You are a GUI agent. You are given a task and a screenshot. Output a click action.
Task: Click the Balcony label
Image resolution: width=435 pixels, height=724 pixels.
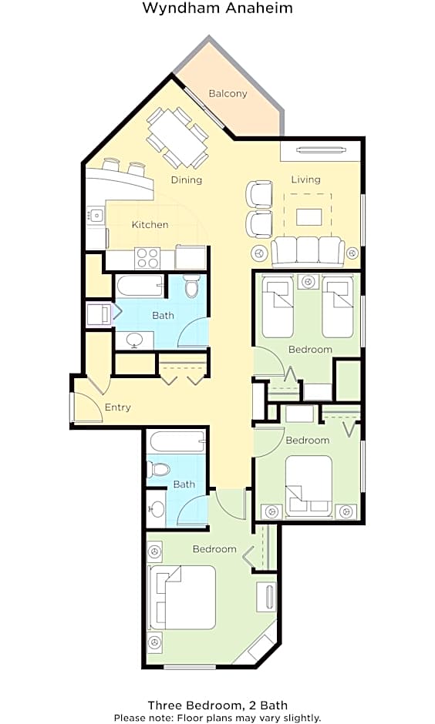pos(228,94)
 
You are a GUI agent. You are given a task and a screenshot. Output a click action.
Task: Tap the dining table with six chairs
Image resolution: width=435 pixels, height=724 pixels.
pos(177,138)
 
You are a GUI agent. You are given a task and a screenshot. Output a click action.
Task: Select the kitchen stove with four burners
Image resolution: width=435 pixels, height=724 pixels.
pos(147,258)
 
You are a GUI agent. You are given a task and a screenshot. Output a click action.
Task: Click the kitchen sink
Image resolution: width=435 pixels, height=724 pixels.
pos(96,215)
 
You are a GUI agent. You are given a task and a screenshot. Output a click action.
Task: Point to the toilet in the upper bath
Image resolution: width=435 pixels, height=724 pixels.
pos(191,286)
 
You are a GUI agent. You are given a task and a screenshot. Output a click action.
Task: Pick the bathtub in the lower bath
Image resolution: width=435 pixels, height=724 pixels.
pos(177,442)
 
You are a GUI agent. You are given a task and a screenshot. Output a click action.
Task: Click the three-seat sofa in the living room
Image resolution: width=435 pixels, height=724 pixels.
pos(308,252)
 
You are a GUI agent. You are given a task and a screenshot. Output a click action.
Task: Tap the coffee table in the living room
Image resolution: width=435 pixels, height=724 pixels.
pos(309,217)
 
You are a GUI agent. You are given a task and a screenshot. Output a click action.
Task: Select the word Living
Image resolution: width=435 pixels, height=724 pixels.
pos(306,179)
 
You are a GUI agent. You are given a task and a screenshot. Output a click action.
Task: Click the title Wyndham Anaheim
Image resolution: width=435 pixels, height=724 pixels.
pos(217,8)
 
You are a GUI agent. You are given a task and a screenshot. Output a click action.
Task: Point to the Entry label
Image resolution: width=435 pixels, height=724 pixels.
pos(118,407)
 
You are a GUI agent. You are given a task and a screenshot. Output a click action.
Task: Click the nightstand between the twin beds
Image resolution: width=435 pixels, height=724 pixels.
pos(308,282)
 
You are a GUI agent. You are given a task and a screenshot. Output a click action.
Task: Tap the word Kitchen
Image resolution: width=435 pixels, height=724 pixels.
pos(150,224)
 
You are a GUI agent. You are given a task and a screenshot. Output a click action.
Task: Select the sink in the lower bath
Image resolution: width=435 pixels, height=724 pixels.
pos(157,509)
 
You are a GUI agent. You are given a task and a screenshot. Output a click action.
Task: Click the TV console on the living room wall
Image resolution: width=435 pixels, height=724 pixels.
pos(320,150)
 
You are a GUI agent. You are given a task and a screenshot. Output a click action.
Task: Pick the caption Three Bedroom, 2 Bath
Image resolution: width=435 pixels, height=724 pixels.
pos(217,705)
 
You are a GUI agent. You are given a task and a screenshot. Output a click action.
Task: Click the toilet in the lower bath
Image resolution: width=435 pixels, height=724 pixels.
pos(158,470)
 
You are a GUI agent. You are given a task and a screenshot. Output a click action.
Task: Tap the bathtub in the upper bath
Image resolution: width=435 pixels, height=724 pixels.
pos(140,287)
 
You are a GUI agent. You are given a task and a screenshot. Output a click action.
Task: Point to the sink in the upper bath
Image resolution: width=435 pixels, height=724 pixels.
pos(134,340)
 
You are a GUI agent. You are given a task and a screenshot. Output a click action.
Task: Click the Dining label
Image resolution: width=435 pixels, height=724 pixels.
pos(187,180)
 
